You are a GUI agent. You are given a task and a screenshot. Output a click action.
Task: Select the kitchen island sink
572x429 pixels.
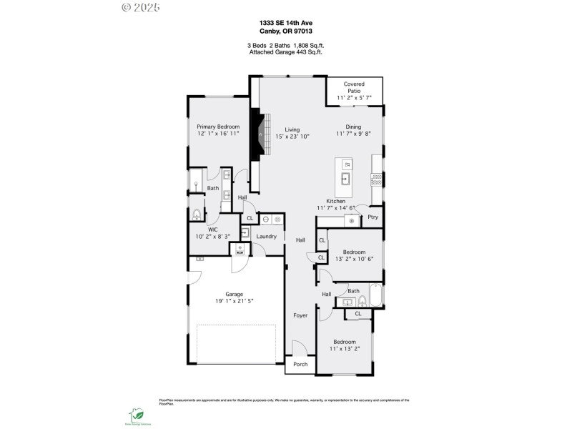[x=345, y=179]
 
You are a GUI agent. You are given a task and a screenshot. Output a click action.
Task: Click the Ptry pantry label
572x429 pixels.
[x=373, y=217]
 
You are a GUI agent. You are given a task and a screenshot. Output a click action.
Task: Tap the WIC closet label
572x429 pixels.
[x=212, y=230]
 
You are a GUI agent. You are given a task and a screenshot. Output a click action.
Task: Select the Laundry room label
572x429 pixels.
[x=267, y=236]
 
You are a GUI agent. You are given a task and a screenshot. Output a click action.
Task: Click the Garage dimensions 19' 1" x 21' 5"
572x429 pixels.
[x=235, y=301]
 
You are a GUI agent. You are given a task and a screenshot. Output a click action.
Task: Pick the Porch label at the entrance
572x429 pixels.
[x=301, y=364]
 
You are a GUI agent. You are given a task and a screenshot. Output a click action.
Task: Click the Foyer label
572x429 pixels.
[x=300, y=315]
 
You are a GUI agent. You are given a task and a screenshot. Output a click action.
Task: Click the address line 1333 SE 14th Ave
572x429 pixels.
[x=285, y=23]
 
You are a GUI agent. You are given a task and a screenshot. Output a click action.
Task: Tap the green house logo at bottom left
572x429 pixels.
[x=136, y=414]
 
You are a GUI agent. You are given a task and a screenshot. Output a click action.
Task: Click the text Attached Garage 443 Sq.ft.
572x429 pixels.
[x=285, y=52]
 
